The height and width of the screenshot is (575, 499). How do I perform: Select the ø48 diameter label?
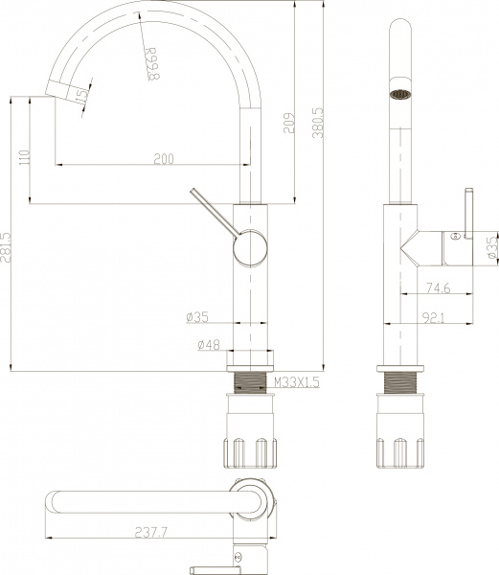[208, 344]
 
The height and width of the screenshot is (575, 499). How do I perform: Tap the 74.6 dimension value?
[439, 287]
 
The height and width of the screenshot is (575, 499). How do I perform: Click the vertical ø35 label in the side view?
[490, 248]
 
